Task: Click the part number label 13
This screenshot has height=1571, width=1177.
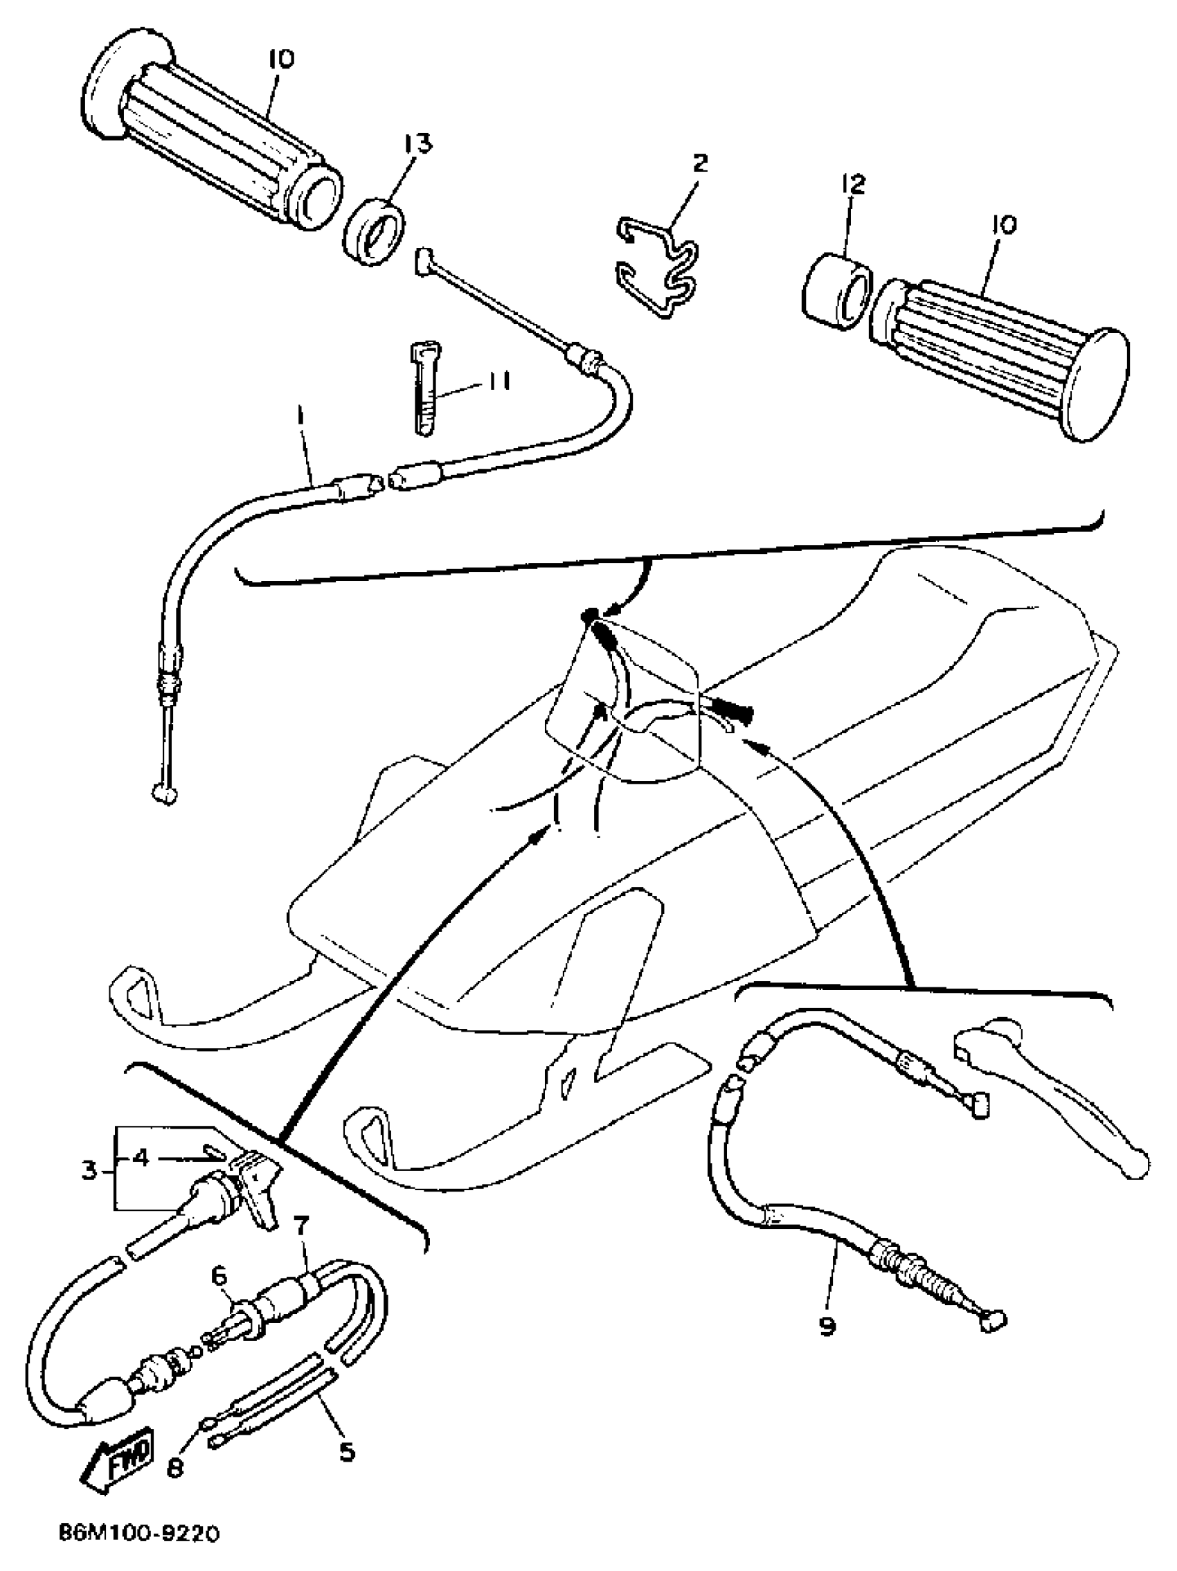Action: click(417, 145)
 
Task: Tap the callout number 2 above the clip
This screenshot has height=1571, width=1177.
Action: click(700, 164)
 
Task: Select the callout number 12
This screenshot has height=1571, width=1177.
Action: click(853, 186)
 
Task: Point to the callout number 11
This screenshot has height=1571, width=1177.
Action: click(497, 382)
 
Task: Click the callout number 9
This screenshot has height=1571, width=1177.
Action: click(828, 1327)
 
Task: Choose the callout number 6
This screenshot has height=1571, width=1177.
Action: click(219, 1276)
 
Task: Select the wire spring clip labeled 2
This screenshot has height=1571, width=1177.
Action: click(657, 264)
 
